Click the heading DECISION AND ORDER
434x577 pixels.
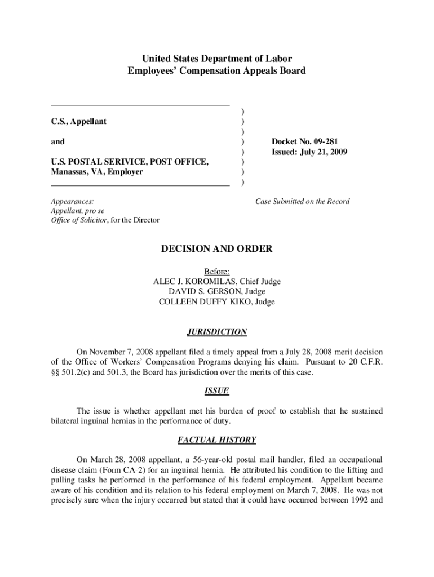click(x=217, y=248)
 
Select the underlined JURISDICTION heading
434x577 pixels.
click(x=217, y=332)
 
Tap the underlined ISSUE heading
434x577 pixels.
click(x=217, y=390)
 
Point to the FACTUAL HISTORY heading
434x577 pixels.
click(x=217, y=440)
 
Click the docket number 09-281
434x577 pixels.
click(x=323, y=141)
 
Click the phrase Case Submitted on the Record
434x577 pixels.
click(x=302, y=201)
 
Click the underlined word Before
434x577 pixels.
click(x=216, y=271)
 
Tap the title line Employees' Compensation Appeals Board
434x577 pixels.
click(x=217, y=71)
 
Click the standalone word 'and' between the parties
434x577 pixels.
click(x=58, y=141)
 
